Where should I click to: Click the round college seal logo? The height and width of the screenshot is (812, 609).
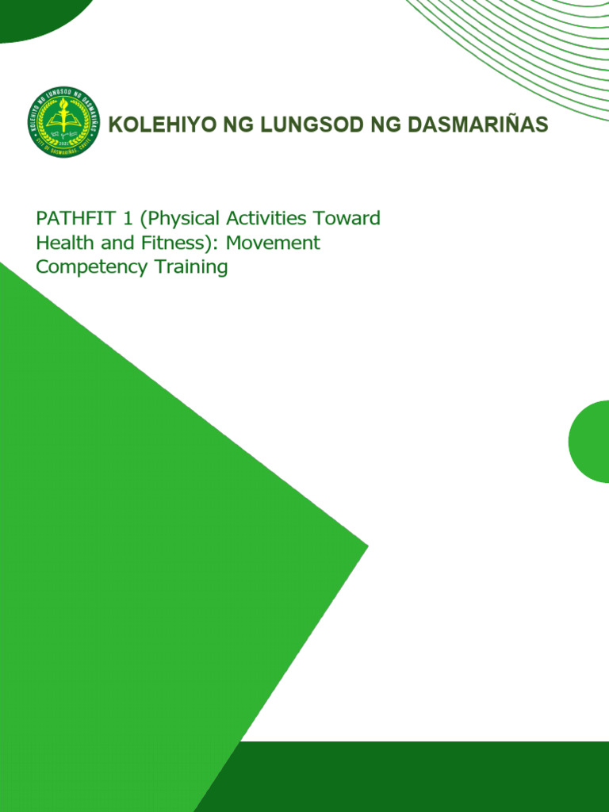63,122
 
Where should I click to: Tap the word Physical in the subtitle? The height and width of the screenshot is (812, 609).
167,219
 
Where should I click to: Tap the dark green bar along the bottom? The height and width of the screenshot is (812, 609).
420,777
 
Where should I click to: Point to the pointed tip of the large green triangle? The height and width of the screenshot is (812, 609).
365,545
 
